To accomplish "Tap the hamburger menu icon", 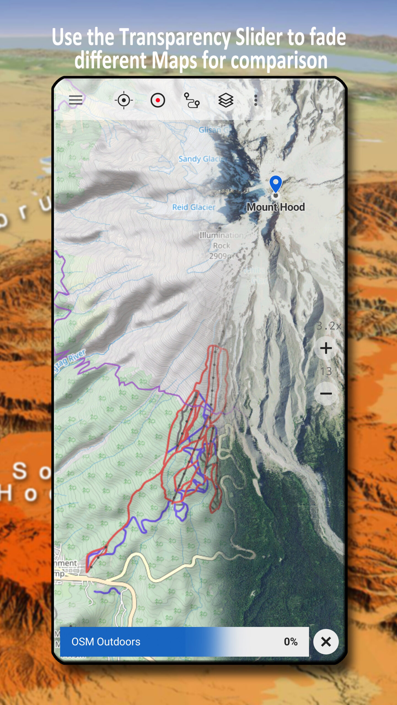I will tap(76, 100).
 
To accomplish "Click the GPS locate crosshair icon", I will tap(124, 100).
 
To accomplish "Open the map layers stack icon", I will tap(226, 100).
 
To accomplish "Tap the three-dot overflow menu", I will tap(256, 100).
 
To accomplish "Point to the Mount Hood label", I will tap(276, 207).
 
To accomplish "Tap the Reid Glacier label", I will tap(194, 207).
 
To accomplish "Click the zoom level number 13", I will tap(326, 371).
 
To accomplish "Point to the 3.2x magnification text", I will tap(329, 326).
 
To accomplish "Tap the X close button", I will tap(326, 642).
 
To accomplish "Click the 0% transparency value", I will tap(291, 642).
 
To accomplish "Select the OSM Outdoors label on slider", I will tap(106, 642).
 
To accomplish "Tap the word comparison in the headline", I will tap(279, 61).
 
